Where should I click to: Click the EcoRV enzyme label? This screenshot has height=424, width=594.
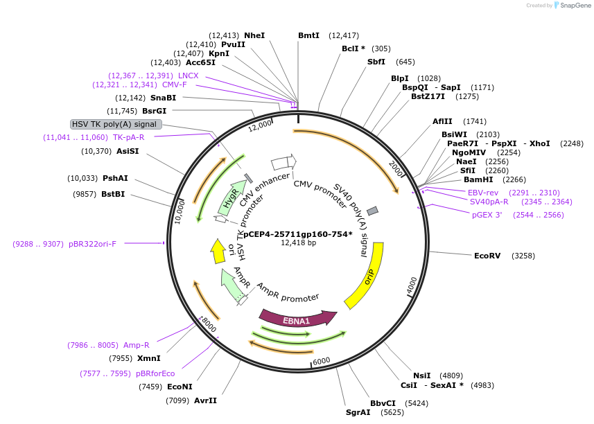coord(487,256)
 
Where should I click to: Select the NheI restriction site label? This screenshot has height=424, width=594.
coord(254,35)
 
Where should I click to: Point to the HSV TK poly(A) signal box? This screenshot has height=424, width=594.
coord(116,124)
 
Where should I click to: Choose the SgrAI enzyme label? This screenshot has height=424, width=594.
coord(358,412)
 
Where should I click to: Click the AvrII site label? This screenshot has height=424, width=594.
coord(205,400)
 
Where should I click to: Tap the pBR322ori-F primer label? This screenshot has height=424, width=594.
coord(92,244)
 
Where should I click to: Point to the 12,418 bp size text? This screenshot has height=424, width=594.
coord(298,243)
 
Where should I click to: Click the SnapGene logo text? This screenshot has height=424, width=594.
coord(574,6)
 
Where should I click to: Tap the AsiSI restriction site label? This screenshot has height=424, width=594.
coord(128,151)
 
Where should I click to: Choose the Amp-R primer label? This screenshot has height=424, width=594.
coord(136,345)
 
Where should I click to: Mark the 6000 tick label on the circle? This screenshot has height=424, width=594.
coord(322,362)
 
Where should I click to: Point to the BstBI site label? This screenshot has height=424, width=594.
coord(113,194)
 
